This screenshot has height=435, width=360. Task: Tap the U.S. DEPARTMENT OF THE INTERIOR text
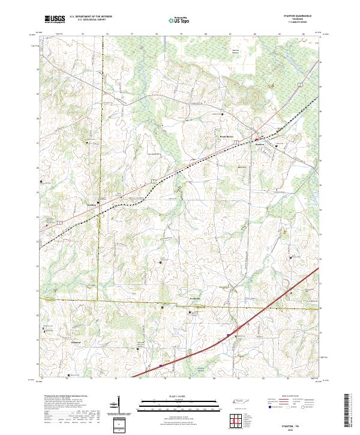[x=91, y=17]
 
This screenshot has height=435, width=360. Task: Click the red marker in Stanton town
[x=256, y=139]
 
